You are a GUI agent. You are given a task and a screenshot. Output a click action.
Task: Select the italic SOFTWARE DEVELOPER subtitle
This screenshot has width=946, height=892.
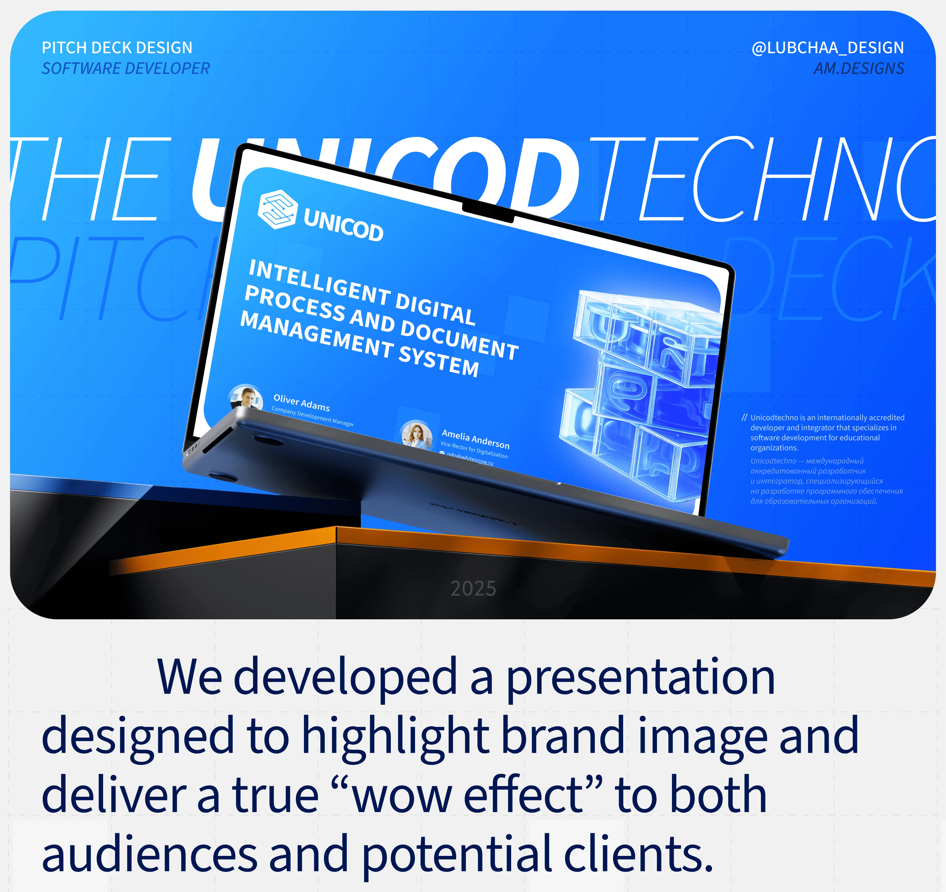click(126, 69)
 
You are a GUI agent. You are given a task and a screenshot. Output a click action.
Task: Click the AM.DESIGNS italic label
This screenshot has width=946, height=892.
click(858, 69)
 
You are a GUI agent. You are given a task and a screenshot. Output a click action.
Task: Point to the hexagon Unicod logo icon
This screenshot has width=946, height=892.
click(277, 209)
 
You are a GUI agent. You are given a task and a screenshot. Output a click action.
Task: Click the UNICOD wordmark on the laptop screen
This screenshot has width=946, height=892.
click(343, 225)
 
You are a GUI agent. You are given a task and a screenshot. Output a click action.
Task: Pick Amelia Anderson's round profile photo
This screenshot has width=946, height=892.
click(417, 434)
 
